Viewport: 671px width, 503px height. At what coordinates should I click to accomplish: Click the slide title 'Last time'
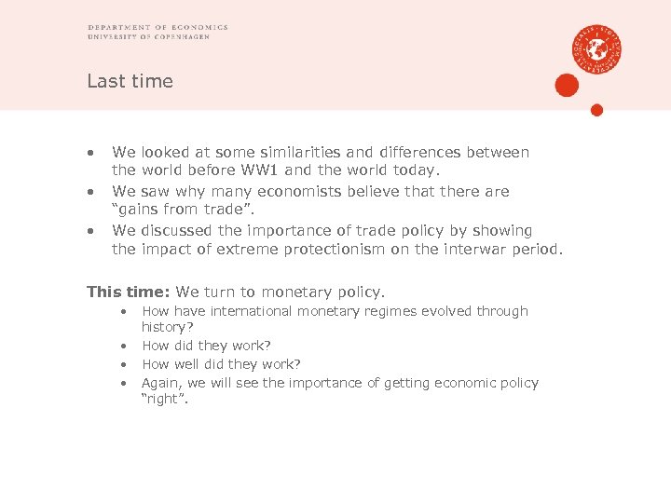[130, 81]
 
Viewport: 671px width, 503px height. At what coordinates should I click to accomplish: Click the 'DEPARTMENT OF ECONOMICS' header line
[157, 27]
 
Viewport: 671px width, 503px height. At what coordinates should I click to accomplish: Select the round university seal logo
[597, 48]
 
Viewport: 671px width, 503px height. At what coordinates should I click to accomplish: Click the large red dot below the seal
[567, 87]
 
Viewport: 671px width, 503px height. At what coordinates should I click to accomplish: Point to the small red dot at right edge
[597, 110]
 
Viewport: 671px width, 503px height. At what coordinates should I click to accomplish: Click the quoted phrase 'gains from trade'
[173, 210]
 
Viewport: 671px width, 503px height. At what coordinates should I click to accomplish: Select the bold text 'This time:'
[129, 292]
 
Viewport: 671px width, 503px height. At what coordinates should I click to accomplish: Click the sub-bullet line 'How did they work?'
[206, 346]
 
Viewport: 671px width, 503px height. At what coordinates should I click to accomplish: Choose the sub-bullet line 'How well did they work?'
[221, 364]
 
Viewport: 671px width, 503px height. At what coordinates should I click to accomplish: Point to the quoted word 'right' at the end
[164, 400]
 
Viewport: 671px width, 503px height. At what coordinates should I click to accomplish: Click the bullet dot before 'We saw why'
[91, 191]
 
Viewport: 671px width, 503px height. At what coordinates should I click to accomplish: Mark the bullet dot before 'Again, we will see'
[123, 383]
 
